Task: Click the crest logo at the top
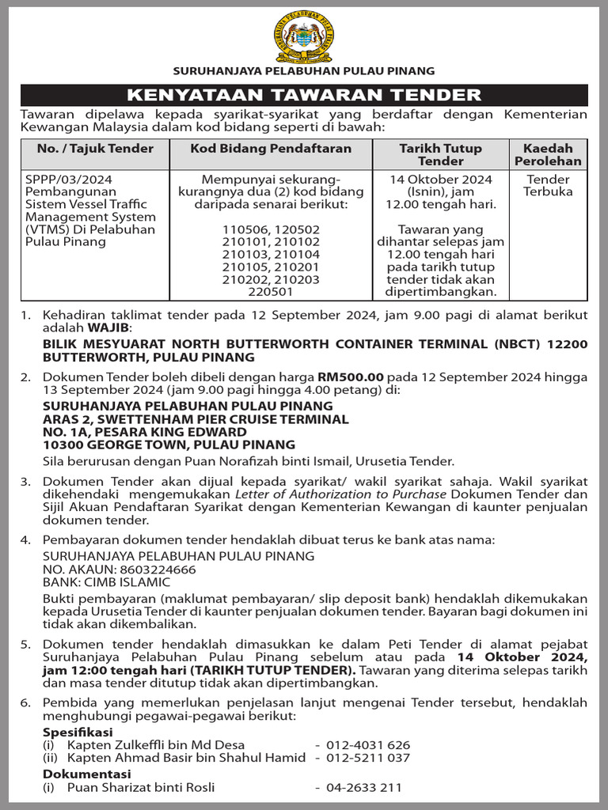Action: click(304, 37)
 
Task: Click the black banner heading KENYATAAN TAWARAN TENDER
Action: click(304, 96)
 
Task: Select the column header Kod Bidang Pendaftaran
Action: click(282, 149)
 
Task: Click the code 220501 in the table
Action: click(271, 292)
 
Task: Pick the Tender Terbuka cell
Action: click(549, 185)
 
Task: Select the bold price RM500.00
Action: click(351, 377)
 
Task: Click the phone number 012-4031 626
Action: click(367, 745)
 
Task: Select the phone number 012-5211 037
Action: click(367, 758)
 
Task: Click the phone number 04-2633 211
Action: click(363, 787)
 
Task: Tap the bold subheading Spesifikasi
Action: click(78, 732)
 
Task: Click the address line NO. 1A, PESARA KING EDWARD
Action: click(144, 432)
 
